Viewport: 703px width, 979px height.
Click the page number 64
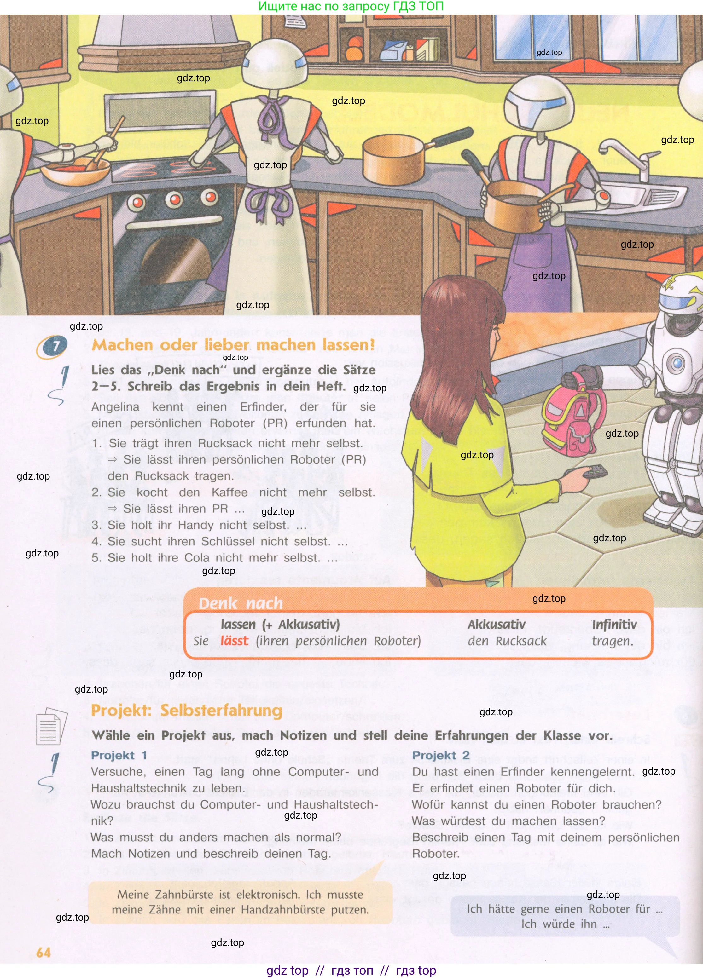coord(44,953)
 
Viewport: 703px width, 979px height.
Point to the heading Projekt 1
coord(119,755)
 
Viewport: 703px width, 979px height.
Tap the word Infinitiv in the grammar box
coord(614,624)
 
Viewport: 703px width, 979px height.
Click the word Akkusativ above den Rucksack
coord(496,624)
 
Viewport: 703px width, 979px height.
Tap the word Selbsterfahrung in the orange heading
coord(221,711)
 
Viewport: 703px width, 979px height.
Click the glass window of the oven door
coord(181,261)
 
